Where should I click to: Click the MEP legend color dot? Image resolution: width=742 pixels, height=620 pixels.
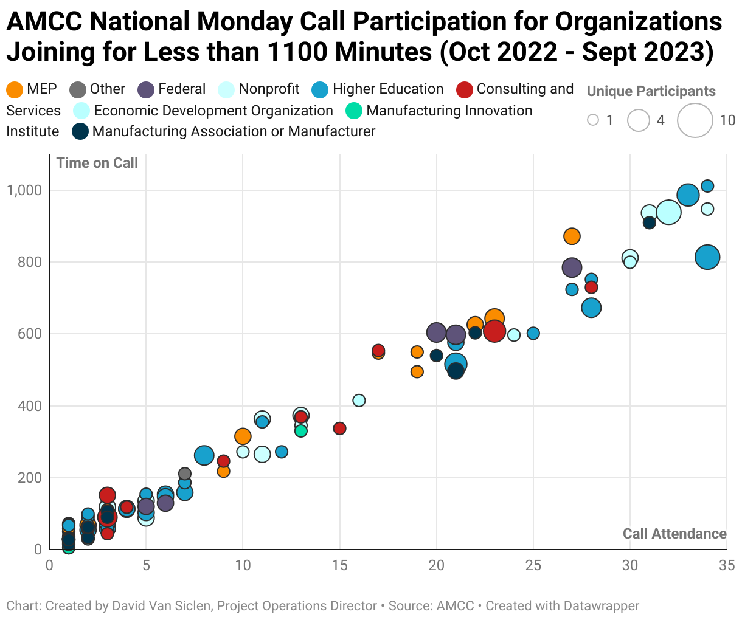[15, 90]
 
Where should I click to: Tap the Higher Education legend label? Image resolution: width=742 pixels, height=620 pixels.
[388, 89]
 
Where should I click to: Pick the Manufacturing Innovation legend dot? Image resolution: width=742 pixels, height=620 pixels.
[354, 111]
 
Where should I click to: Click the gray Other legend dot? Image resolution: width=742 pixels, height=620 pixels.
[78, 90]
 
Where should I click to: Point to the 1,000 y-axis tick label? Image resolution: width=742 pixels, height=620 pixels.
[24, 190]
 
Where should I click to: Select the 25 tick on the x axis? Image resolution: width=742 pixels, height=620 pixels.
[533, 566]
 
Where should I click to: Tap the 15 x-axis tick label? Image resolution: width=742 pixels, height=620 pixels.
[339, 566]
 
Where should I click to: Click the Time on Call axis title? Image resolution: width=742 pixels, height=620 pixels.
[97, 163]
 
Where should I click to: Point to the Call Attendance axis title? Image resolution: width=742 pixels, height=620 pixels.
[674, 534]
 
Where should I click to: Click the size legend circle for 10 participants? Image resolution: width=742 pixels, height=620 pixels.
[695, 120]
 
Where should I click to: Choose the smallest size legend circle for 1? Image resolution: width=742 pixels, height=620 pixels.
[593, 120]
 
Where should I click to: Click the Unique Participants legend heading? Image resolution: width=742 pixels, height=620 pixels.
[651, 92]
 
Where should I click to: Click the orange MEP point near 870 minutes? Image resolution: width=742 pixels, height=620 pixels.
[572, 236]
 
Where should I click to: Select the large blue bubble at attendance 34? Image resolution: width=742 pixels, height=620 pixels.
[707, 257]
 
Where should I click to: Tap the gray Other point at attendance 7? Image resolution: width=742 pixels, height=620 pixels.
[185, 474]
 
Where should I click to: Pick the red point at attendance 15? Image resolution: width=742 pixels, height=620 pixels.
[339, 429]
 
